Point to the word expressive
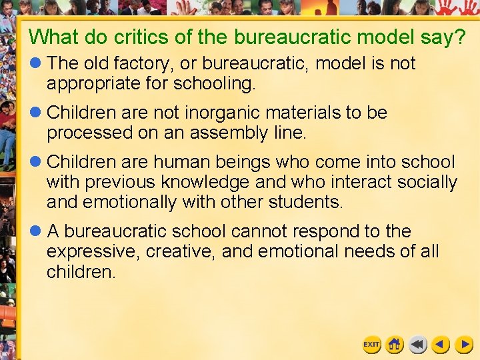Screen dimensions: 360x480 (93, 252)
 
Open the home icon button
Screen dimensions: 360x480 (395, 344)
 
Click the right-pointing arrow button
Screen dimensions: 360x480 (464, 344)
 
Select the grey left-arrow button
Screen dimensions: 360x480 (418, 344)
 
